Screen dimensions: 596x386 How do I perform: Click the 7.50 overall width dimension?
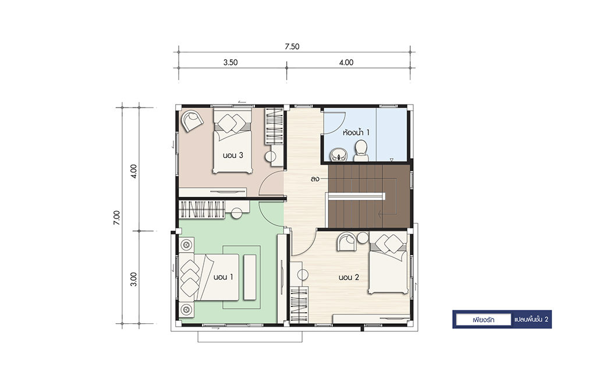coord(292,47)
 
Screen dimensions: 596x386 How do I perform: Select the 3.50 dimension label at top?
coord(230,63)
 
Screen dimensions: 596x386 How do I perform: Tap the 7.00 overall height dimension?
coord(116,218)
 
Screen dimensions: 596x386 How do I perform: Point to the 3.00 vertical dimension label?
coord(133,279)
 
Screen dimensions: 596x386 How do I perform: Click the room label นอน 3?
coord(233,155)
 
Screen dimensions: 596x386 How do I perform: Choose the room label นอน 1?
coord(223,277)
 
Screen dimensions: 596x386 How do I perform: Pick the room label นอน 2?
coord(349,277)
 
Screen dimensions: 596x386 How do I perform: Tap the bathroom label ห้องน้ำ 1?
coord(356,133)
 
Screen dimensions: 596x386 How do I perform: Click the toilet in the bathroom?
coord(361,151)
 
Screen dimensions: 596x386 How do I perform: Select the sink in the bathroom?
coord(338,155)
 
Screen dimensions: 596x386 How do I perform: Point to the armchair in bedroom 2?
coord(347,241)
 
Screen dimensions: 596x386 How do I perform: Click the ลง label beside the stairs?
coord(315,179)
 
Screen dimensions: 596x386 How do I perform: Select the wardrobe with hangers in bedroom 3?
coord(274,126)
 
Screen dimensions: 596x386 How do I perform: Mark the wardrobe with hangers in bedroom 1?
coord(202,209)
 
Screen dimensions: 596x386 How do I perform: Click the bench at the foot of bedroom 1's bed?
coord(250,277)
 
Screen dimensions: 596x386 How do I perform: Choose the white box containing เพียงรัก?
coord(483,320)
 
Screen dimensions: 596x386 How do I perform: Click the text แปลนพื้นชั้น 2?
coord(531,320)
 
